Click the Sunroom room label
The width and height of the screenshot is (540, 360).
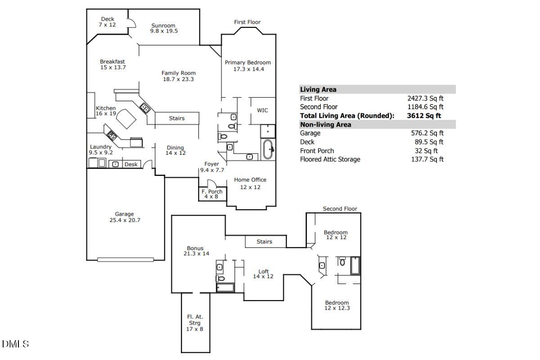click(x=163, y=26)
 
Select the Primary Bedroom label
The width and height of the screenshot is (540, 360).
click(x=248, y=63)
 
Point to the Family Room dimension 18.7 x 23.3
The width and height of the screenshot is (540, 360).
click(x=179, y=79)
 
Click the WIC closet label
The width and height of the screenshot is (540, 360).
click(x=262, y=110)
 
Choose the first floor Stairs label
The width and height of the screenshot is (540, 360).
click(x=177, y=118)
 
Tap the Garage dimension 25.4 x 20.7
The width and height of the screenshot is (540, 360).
click(x=124, y=220)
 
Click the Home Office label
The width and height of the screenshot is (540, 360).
click(x=250, y=180)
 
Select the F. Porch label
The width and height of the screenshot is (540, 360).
click(x=212, y=192)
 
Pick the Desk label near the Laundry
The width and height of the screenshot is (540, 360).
click(x=131, y=164)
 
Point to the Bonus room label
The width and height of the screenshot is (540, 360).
click(x=195, y=248)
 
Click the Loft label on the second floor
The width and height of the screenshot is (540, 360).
click(x=264, y=271)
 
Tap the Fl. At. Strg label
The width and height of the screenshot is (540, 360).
click(x=195, y=317)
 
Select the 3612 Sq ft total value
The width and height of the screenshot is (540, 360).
click(x=424, y=116)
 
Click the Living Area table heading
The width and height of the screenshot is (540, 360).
click(x=318, y=90)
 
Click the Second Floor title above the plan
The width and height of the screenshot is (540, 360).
click(x=340, y=209)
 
